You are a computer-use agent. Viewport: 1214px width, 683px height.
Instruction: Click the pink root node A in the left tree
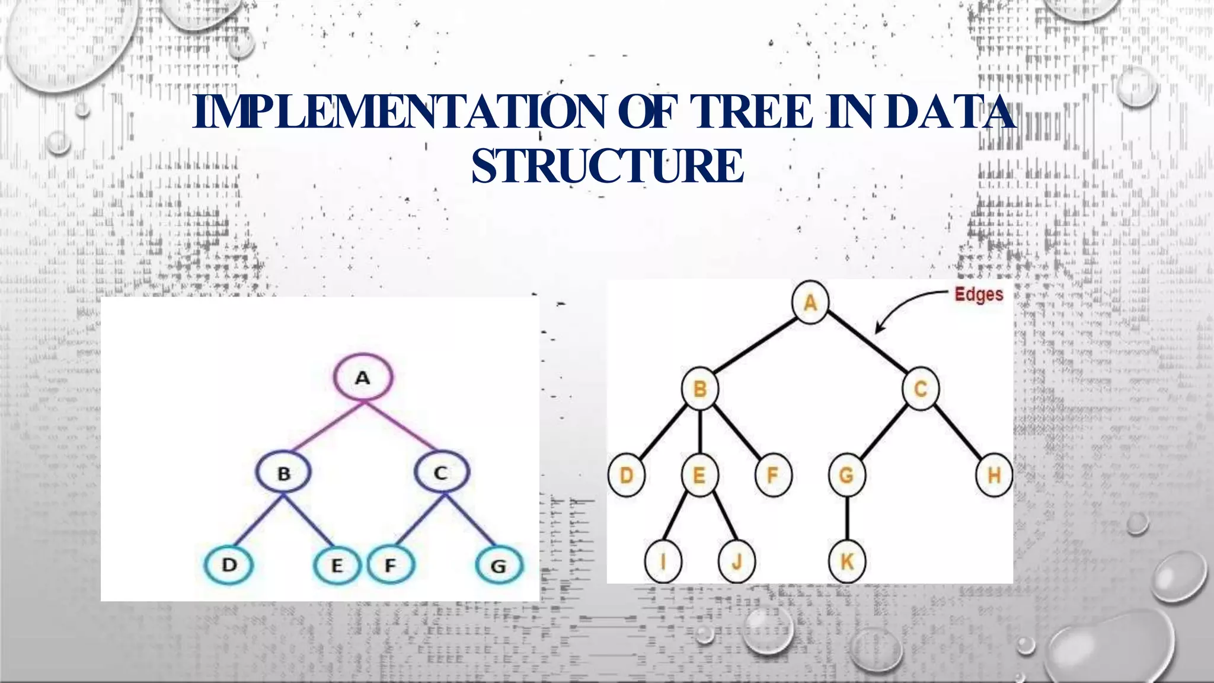363,378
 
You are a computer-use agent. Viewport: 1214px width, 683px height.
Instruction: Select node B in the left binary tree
284,473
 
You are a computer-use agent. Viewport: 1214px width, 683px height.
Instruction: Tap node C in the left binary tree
441,473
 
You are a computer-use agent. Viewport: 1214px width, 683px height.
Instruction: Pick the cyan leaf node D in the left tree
229,564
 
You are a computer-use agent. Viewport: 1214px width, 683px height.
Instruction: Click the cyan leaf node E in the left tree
337,566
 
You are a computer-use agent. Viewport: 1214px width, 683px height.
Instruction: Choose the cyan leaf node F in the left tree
391,566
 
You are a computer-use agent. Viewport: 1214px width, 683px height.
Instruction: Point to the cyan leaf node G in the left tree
499,566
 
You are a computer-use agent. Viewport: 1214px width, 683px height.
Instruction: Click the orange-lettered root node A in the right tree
810,303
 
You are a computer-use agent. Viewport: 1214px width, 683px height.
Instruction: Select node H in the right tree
994,475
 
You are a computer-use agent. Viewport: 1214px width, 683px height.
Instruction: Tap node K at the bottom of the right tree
847,561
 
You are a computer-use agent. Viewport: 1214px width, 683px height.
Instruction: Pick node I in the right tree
663,561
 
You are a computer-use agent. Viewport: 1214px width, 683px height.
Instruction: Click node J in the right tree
736,561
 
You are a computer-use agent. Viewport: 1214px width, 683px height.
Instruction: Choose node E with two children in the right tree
699,475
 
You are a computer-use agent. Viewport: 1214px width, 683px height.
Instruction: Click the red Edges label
979,295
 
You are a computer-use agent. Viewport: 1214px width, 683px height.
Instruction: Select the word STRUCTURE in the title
608,166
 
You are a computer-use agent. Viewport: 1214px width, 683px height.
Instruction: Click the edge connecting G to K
847,518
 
